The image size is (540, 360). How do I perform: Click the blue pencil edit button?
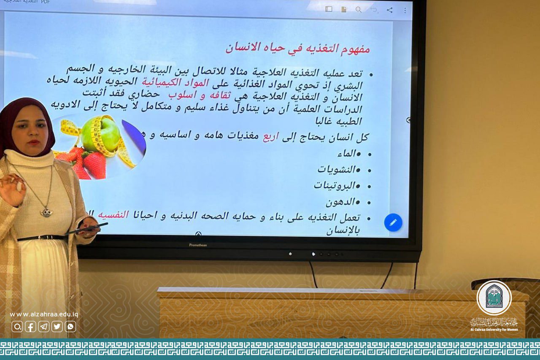point(393,222)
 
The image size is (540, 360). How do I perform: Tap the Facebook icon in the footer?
point(30,326)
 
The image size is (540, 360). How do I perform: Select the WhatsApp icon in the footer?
point(70,326)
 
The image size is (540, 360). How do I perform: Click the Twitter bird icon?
point(57,326)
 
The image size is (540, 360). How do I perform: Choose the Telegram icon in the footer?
point(44,326)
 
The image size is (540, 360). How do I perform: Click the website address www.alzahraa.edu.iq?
point(44,314)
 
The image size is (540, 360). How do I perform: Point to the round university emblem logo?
point(494,298)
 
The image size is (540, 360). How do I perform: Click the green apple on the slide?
point(101,134)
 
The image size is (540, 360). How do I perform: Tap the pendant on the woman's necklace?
point(46,212)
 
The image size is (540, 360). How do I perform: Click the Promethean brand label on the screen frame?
point(198,245)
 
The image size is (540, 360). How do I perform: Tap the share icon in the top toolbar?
point(389,10)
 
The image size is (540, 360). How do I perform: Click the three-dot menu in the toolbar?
point(405,10)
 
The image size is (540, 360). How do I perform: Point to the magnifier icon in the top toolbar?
point(358,9)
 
